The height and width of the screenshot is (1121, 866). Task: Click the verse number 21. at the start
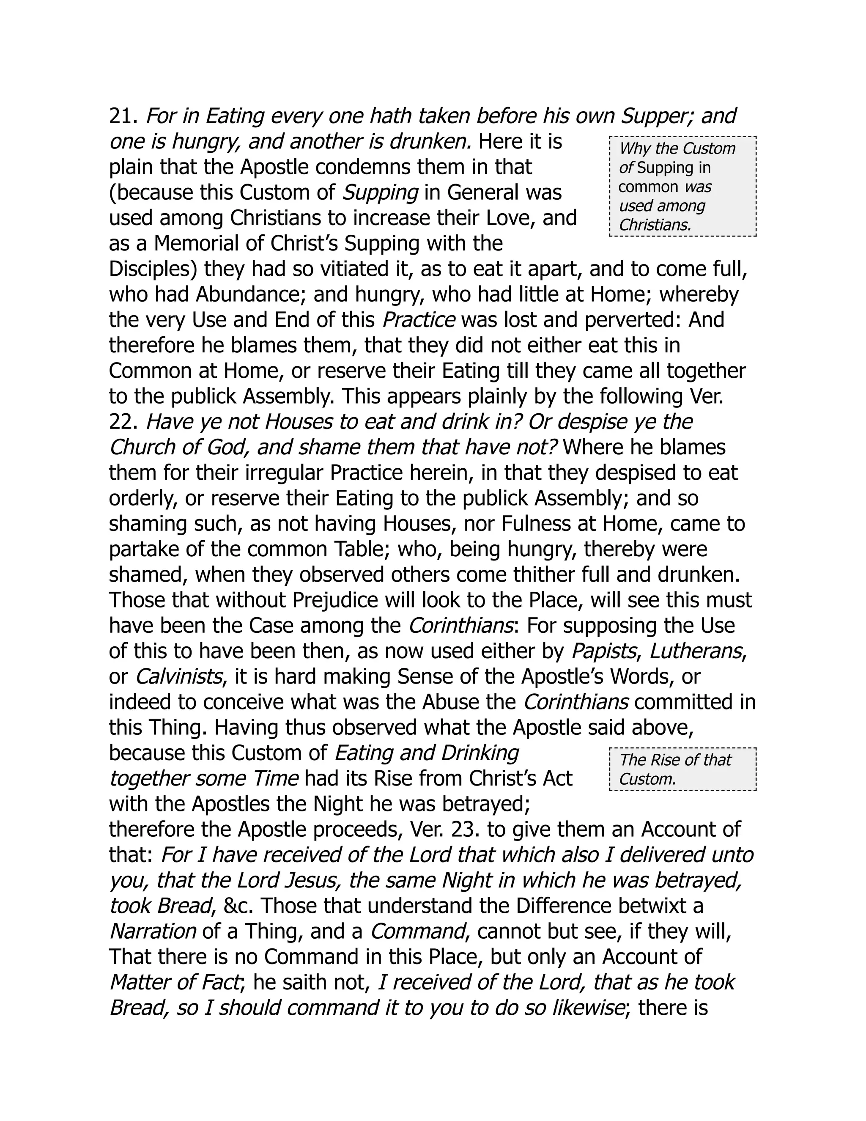[x=123, y=116]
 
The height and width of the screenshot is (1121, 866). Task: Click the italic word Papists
[x=604, y=652]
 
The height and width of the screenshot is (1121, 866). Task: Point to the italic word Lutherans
[x=696, y=652]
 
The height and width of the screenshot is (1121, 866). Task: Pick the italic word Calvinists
[x=178, y=677]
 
